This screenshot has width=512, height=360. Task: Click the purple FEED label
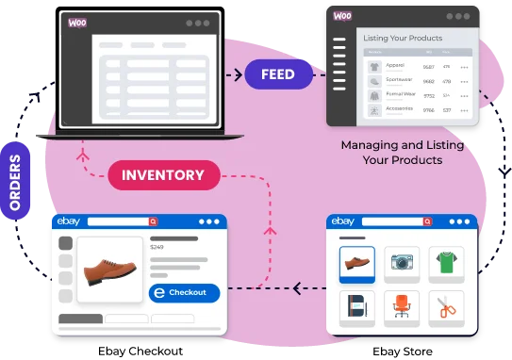point(278,74)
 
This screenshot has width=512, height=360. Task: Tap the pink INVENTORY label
point(163,174)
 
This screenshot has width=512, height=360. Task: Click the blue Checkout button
point(184,292)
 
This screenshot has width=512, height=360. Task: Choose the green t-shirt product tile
point(446,264)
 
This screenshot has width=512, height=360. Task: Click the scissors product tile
point(446,307)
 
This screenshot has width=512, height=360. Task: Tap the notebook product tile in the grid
point(357,307)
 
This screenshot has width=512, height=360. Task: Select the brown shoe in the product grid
point(357,264)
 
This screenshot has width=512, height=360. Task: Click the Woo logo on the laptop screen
point(77,23)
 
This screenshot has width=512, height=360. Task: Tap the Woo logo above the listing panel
point(342,16)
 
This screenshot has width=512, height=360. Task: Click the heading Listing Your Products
point(404,37)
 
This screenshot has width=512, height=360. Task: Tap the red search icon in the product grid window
point(427,221)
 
